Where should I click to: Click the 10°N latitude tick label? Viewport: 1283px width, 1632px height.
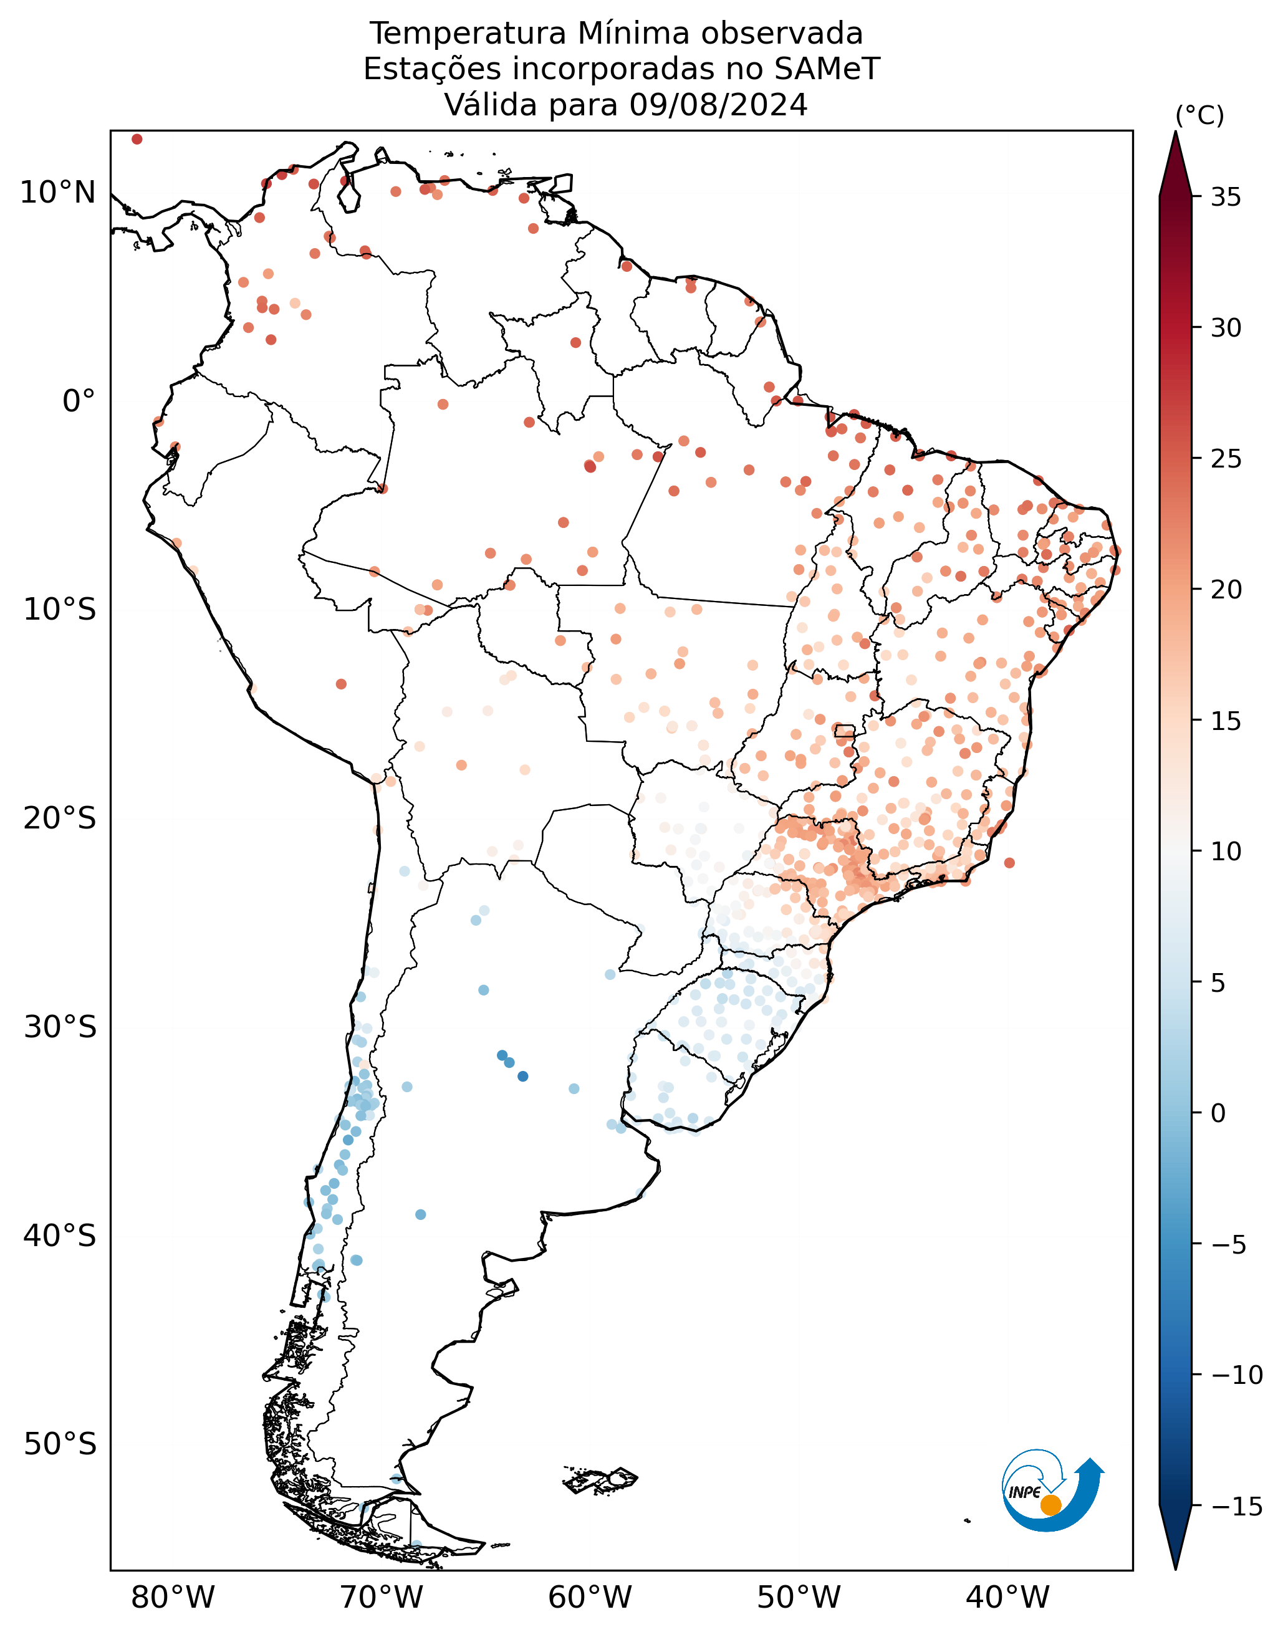(58, 193)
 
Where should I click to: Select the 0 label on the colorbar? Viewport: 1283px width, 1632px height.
(1218, 1113)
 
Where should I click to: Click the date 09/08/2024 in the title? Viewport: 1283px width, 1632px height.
(718, 105)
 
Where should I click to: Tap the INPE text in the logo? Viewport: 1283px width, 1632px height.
(1025, 1492)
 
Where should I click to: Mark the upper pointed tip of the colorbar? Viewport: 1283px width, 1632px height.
(1176, 132)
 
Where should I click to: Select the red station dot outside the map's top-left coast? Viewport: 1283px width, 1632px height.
(137, 139)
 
